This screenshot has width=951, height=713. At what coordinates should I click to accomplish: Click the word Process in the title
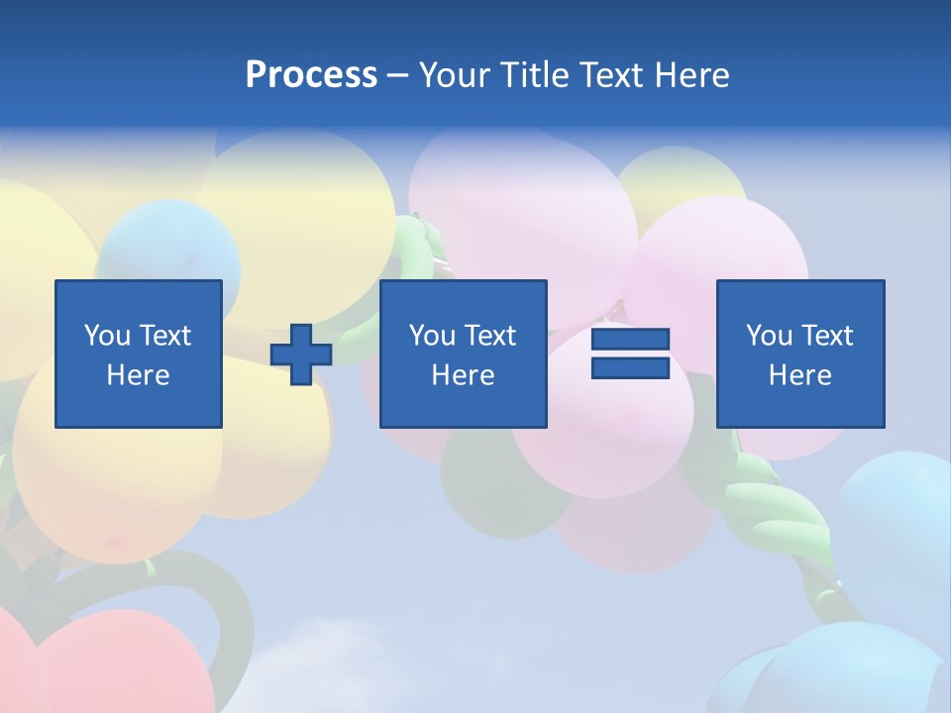coord(311,75)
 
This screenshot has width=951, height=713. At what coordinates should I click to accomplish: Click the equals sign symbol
coord(630,354)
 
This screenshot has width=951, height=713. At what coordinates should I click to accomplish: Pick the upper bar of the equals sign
coord(630,340)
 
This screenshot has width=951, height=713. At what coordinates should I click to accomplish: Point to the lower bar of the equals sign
coord(630,367)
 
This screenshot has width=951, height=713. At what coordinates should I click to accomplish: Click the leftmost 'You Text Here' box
coord(139,354)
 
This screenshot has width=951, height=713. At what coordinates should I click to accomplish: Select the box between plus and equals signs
coord(464,354)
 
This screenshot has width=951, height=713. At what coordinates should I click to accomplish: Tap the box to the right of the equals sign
coord(800,354)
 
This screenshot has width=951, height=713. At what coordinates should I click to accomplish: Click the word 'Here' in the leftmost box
coord(139,375)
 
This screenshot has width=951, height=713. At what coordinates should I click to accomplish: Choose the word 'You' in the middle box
coord(432,336)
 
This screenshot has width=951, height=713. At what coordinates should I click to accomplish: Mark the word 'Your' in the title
coord(454,75)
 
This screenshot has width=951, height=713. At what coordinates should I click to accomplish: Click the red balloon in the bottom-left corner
coord(119,663)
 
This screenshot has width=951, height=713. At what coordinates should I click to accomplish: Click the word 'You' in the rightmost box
coord(769,336)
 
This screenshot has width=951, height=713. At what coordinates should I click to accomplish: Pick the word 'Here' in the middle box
coord(464,375)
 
